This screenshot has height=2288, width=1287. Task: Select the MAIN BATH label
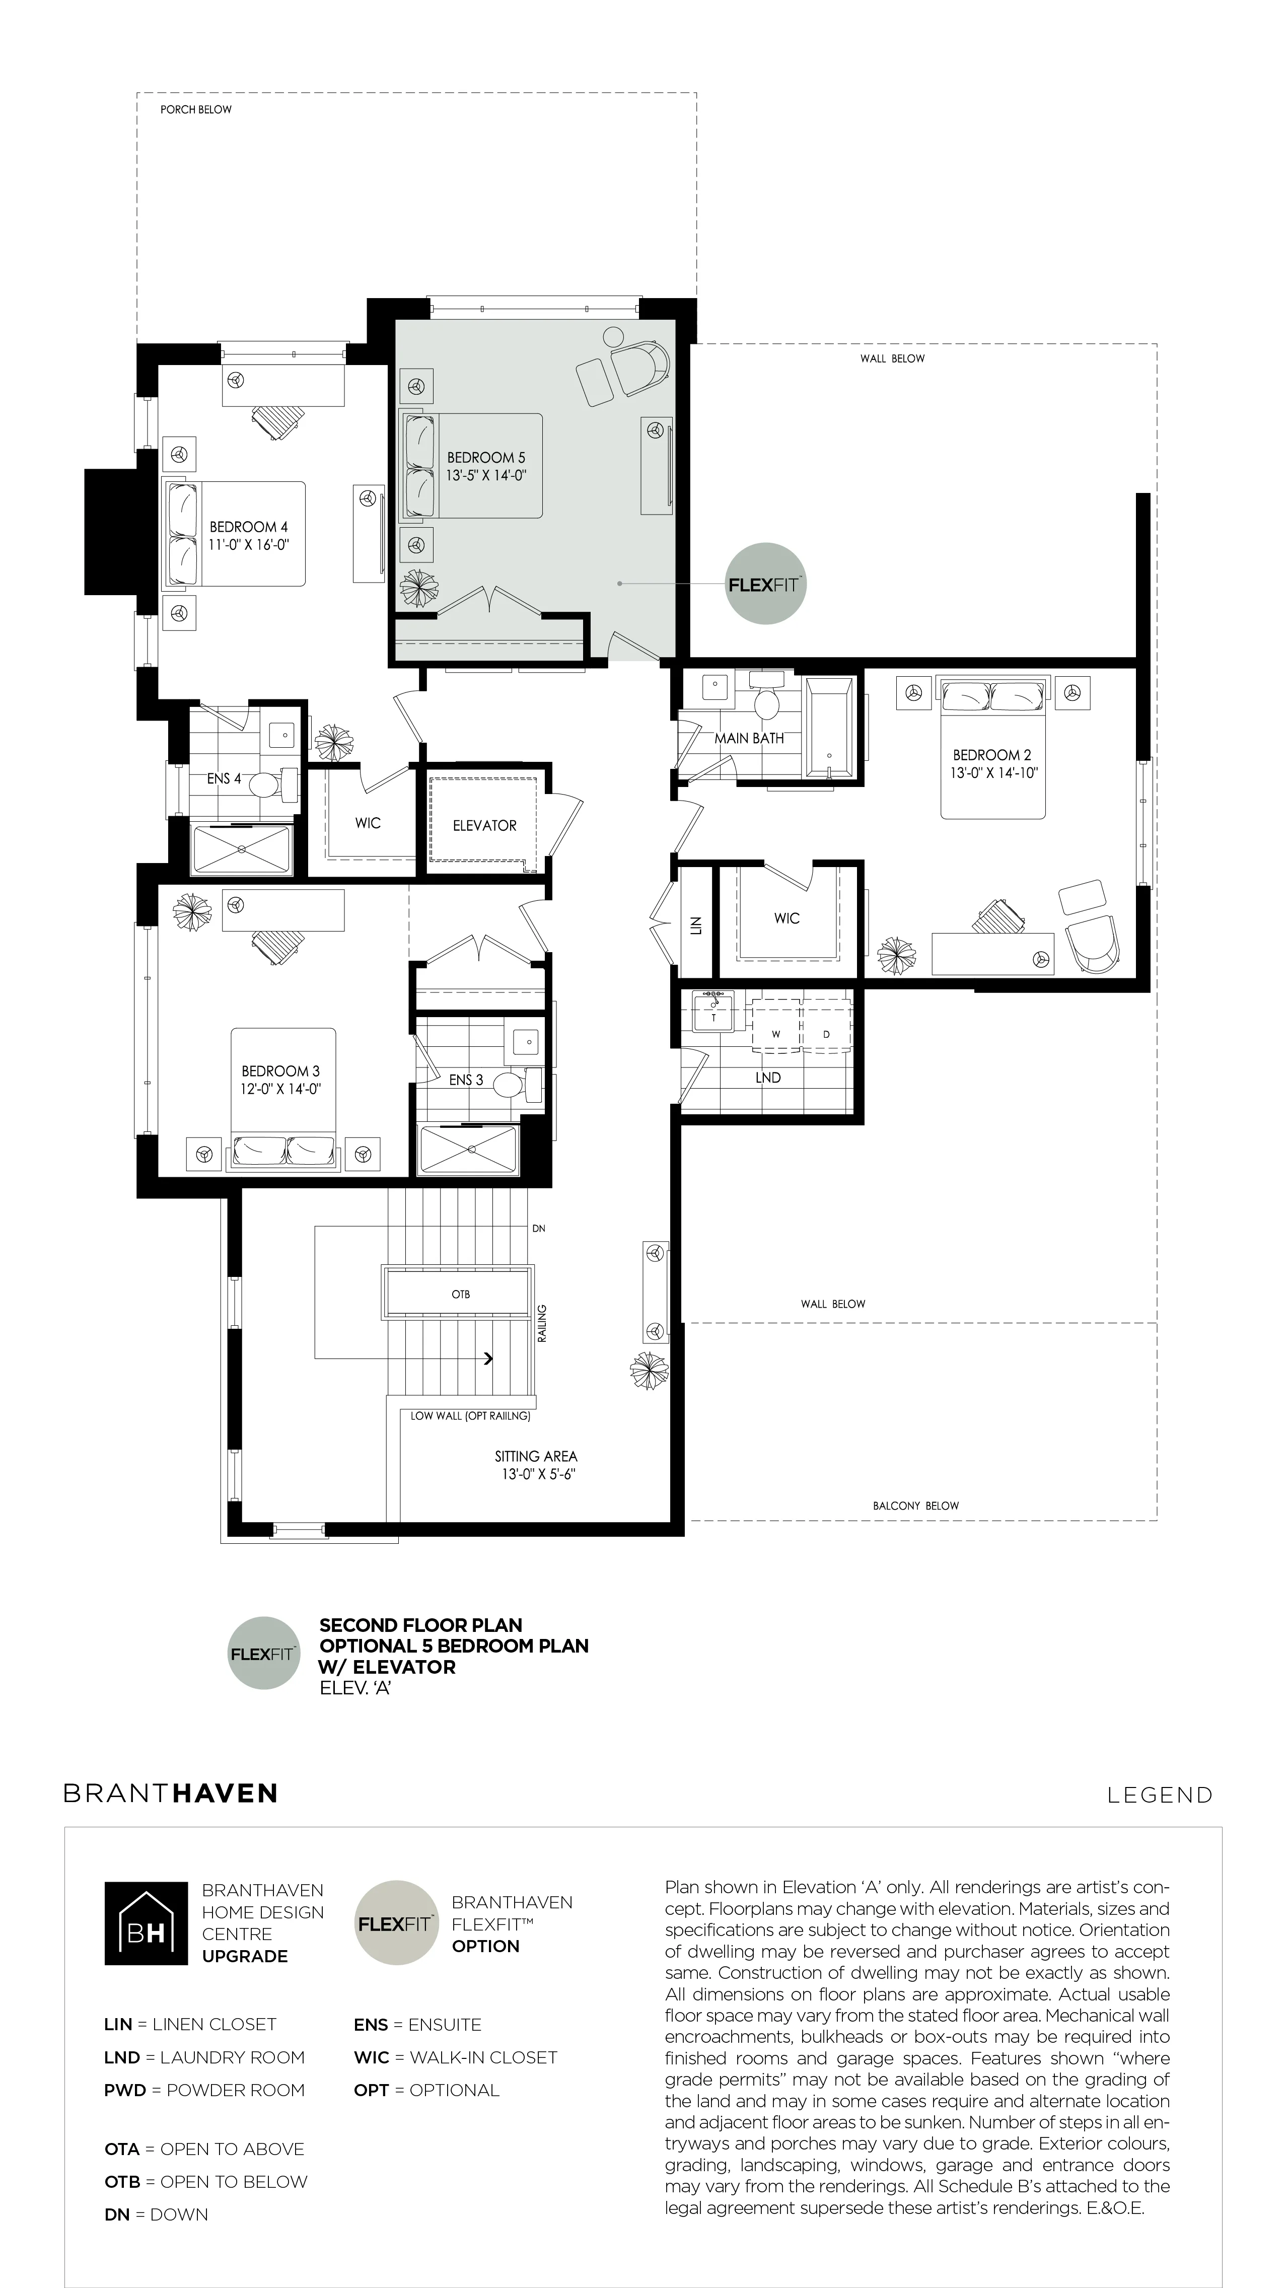coord(749,738)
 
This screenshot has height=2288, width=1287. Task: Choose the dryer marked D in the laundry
coord(826,1034)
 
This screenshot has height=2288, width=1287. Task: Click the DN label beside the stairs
coord(538,1229)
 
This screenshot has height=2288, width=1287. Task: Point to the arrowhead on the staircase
coord(489,1358)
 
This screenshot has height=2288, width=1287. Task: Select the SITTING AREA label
coord(536,1457)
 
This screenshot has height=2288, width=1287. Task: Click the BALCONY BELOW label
coord(916,1506)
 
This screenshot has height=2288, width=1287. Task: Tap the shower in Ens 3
coord(468,1150)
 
